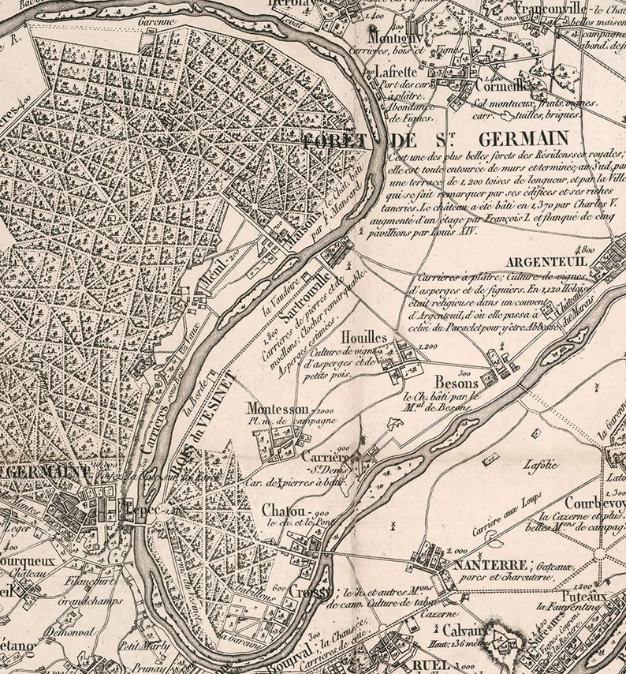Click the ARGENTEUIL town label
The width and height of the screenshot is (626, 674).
[x=545, y=262]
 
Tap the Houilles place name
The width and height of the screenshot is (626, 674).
[x=364, y=337]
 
